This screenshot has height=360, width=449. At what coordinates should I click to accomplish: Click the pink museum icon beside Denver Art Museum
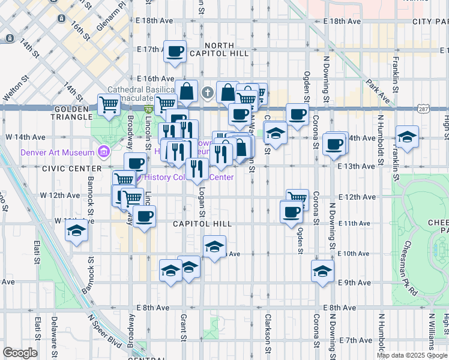click(x=103, y=152)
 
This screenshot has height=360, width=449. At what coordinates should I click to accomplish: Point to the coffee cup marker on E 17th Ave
click(x=175, y=52)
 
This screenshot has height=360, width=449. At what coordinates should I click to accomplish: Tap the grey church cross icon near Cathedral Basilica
click(x=208, y=92)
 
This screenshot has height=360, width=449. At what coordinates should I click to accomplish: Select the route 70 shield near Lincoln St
click(x=148, y=110)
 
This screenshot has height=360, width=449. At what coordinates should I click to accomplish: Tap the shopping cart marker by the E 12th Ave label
click(x=297, y=197)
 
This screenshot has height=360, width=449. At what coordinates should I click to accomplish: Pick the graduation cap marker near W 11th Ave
click(x=77, y=230)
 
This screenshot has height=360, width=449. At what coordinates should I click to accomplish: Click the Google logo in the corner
click(x=19, y=353)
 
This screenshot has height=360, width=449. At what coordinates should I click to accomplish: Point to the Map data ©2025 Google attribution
click(x=411, y=355)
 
